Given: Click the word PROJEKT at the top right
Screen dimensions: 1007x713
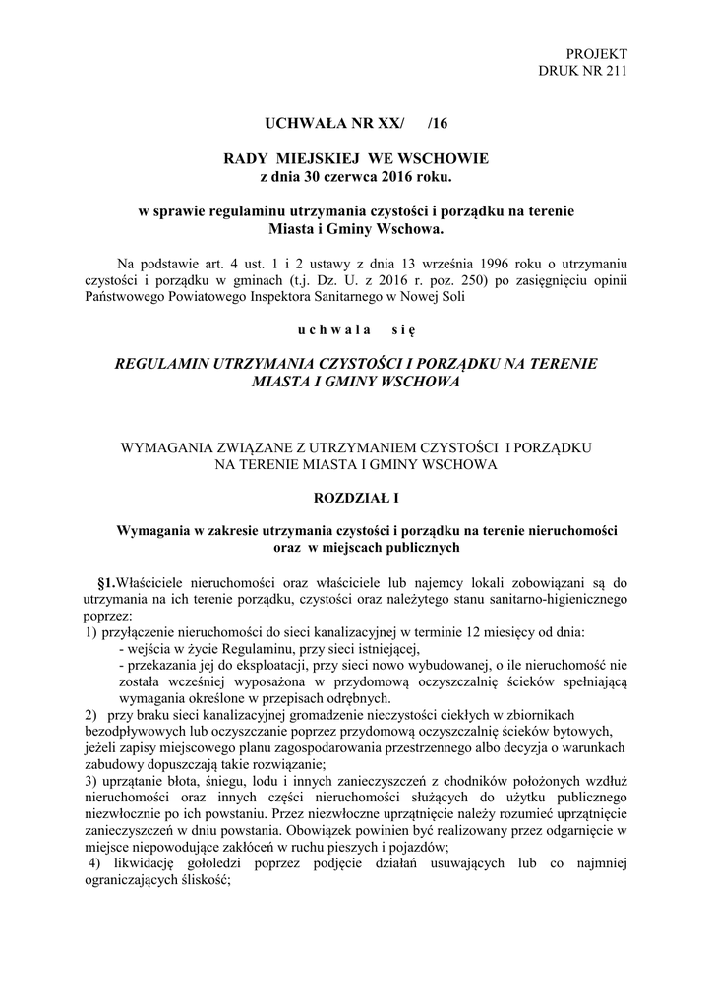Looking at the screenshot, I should click(x=597, y=53).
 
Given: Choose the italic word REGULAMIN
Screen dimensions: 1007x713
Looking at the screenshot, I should click(x=171, y=364).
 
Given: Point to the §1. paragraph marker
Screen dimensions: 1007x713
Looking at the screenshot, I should click(x=104, y=581).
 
